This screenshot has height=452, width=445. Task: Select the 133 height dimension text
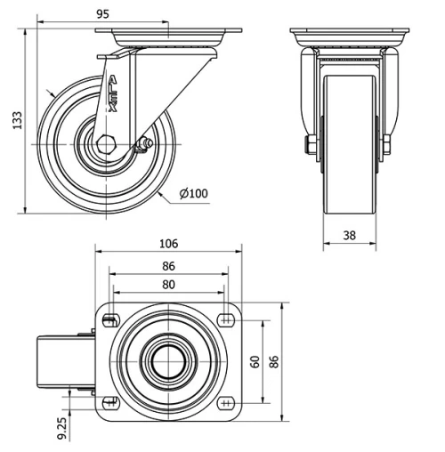tap(15, 120)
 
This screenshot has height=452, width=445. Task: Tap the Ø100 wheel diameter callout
tap(193, 194)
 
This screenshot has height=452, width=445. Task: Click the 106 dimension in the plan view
tap(168, 243)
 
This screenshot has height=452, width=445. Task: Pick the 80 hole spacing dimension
tap(168, 285)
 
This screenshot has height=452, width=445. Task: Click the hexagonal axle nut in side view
tap(107, 143)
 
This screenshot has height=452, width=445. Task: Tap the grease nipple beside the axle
tap(142, 143)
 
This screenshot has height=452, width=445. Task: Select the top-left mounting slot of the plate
tap(110, 321)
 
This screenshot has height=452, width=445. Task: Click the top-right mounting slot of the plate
tap(226, 321)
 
